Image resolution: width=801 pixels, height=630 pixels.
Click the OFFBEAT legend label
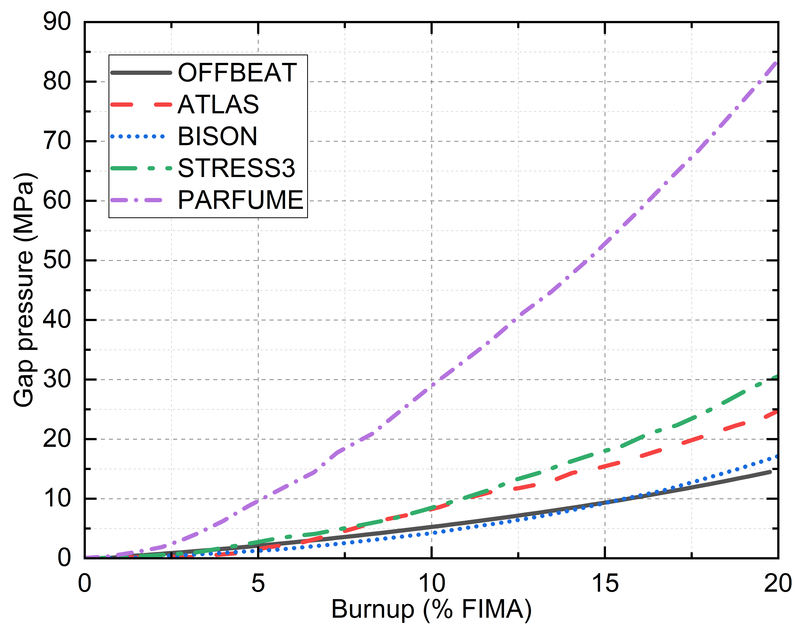237,73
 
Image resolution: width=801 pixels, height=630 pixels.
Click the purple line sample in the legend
141,200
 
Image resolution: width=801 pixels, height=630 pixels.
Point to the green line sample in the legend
141,168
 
